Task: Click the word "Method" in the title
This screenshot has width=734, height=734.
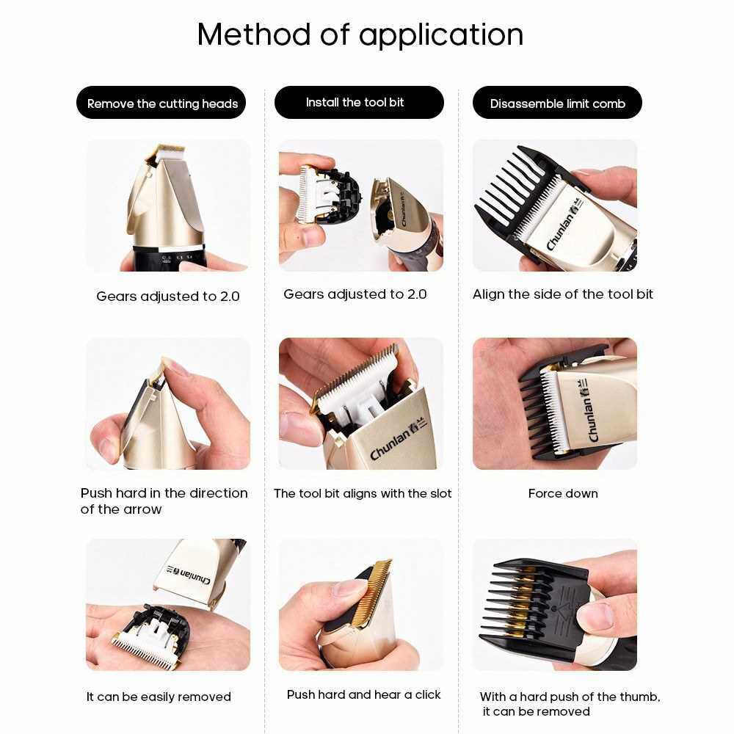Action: [x=254, y=34]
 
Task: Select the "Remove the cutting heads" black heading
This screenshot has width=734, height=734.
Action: [x=161, y=103]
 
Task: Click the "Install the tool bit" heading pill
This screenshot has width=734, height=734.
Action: [x=359, y=102]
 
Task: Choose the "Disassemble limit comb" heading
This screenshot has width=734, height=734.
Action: [x=557, y=103]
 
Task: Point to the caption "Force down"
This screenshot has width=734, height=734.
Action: [x=563, y=493]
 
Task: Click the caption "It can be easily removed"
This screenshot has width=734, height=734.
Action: [x=159, y=697]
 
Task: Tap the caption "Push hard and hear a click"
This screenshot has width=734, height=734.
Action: [x=364, y=694]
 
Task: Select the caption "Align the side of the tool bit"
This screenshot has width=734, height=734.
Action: [x=563, y=294]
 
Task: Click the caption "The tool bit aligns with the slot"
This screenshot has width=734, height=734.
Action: [x=363, y=493]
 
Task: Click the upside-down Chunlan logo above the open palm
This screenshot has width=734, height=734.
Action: [x=188, y=575]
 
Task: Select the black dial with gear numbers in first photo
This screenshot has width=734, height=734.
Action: [x=170, y=258]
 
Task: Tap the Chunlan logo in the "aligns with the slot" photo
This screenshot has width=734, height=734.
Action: [x=399, y=440]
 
